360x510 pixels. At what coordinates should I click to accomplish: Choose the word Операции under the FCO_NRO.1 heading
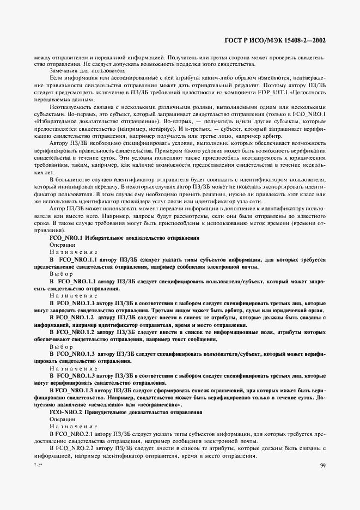click(63, 245)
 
